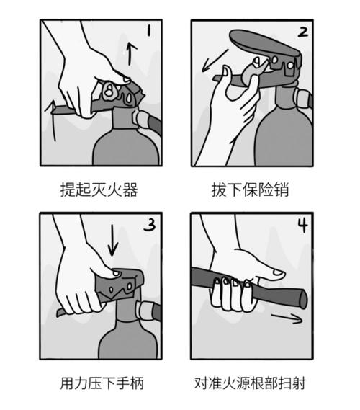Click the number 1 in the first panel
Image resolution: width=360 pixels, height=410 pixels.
point(148,31)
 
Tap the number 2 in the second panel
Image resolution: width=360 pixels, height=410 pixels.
point(302,32)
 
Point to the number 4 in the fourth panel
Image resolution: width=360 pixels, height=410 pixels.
point(302,226)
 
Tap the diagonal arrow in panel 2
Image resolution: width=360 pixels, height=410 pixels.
point(213,61)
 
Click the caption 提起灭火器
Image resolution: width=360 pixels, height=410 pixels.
point(99,190)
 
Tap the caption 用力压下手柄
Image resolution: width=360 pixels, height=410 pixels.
point(99,383)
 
